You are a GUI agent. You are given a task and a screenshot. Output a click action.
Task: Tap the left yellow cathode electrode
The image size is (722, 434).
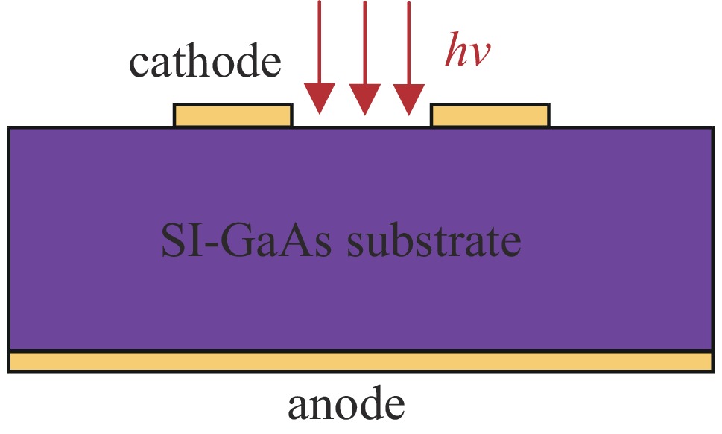232,115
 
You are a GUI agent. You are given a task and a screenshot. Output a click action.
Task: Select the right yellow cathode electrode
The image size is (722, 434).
490,115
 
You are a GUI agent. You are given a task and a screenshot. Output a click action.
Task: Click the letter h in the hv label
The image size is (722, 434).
456,51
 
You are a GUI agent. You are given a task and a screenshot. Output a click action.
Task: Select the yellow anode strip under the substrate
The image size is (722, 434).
361,361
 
